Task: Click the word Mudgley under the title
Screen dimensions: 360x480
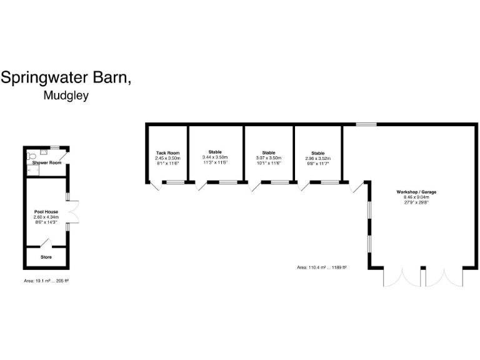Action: (66, 96)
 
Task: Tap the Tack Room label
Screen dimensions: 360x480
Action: (167, 153)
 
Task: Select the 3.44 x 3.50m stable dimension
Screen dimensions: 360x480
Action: (215, 158)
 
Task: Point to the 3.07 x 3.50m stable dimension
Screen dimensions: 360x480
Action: (269, 158)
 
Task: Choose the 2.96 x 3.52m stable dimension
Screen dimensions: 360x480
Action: (318, 158)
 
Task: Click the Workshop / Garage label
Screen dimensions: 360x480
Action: (416, 191)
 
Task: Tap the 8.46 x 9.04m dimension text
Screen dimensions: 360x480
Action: (416, 197)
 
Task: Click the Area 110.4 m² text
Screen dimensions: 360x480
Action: (322, 267)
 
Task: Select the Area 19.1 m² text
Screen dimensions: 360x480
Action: (46, 281)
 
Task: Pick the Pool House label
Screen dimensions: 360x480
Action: (46, 212)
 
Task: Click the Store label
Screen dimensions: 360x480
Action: (46, 257)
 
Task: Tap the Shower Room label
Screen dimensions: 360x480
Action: (47, 163)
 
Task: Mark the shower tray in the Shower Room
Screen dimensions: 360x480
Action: (45, 151)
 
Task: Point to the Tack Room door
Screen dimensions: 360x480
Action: (154, 185)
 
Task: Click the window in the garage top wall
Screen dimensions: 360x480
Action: (366, 124)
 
